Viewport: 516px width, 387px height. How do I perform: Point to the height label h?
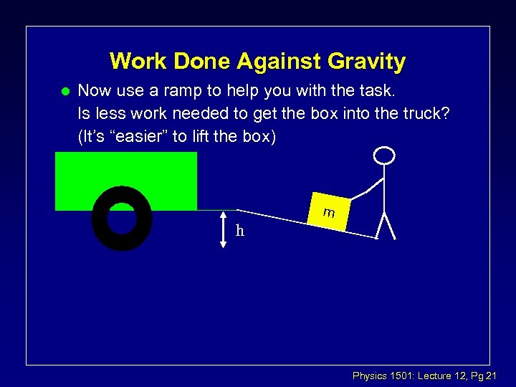click(240, 230)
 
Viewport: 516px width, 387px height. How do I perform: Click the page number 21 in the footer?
click(492, 376)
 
